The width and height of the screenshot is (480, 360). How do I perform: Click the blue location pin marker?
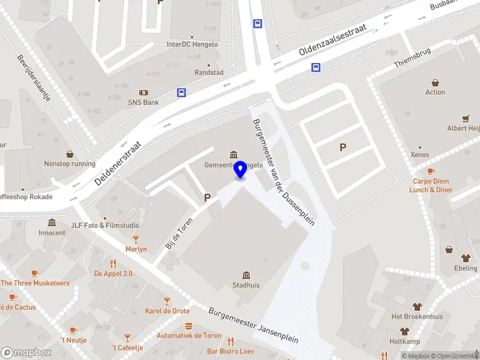pos(241,169)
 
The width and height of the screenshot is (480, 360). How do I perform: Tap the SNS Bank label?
pos(143,103)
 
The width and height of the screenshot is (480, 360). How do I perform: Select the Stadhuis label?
pos(246,285)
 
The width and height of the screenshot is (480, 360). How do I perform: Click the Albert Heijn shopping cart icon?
pos(466,119)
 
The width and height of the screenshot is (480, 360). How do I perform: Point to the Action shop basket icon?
pos(435,83)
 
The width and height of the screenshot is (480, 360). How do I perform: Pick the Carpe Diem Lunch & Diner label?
pos(431,185)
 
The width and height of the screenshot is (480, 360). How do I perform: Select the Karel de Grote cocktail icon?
pos(167,301)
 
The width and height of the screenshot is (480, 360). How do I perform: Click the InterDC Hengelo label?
pos(192,44)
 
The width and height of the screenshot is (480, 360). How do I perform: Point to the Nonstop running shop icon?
pos(70,154)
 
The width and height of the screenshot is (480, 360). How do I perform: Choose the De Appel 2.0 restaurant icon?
pos(113,263)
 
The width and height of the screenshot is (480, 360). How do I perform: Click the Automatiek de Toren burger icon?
pos(188,326)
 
